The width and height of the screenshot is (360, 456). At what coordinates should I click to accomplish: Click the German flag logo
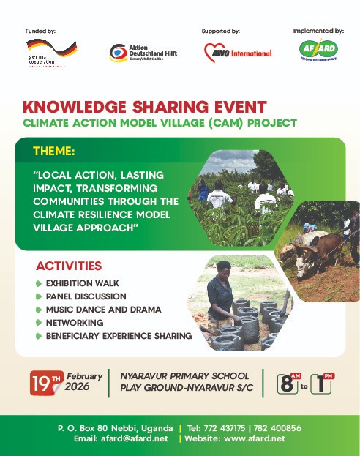click(61, 48)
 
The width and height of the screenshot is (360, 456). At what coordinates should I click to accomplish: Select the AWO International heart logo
click(215, 52)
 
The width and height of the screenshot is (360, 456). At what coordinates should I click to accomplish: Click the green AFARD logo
click(318, 51)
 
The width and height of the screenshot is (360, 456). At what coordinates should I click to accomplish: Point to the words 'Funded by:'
click(40, 31)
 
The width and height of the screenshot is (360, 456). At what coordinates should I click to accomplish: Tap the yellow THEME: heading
click(53, 151)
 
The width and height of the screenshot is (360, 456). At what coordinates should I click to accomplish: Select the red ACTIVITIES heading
click(69, 265)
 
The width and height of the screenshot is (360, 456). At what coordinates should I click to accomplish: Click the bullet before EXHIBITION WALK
click(39, 283)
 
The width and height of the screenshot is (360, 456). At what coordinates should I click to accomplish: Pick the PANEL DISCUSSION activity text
click(86, 296)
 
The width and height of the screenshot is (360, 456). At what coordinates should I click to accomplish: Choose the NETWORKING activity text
click(74, 322)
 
